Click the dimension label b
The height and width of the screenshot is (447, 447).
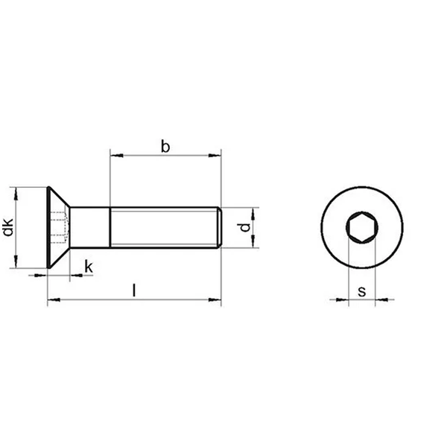pos(165,146)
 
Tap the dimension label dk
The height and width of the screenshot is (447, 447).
pos(8,227)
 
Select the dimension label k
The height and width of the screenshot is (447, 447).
pos(89,267)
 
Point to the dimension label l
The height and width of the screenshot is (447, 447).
pos(134,290)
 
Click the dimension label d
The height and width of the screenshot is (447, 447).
pos(244,227)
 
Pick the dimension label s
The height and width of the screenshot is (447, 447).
pos(362,291)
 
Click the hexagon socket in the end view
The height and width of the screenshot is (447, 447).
pos(362,227)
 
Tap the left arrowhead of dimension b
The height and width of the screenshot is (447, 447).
pos(117,156)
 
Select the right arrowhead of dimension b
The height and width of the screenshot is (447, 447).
pos(215,156)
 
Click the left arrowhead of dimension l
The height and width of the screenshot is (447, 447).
pos(54,300)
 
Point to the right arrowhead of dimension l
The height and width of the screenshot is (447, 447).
pos(215,300)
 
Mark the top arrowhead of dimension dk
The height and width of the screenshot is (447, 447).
pos(16,194)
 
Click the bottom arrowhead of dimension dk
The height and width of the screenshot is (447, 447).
pos(16,261)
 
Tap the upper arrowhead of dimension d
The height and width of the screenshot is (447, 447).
pos(253,214)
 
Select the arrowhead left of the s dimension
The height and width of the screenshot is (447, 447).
pos(342,299)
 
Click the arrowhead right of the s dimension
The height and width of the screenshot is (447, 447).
pos(381,299)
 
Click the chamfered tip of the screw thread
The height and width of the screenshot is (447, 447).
pos(220,227)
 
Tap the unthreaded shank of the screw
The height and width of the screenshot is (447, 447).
pos(90,227)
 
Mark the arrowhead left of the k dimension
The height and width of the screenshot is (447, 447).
pos(40,276)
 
